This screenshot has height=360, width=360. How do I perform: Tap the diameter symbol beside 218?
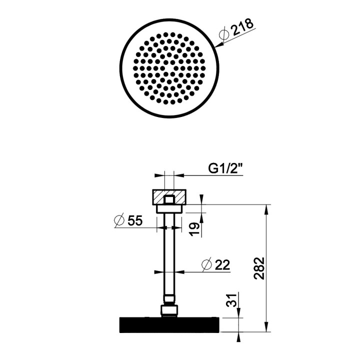225,34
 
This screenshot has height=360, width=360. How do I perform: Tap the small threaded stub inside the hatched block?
170,199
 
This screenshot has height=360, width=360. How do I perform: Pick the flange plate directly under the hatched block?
170,207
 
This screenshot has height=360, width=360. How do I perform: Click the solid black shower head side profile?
169,325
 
